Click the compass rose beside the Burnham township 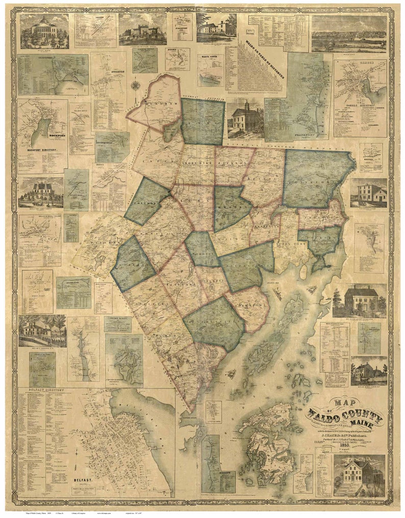(135, 85)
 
